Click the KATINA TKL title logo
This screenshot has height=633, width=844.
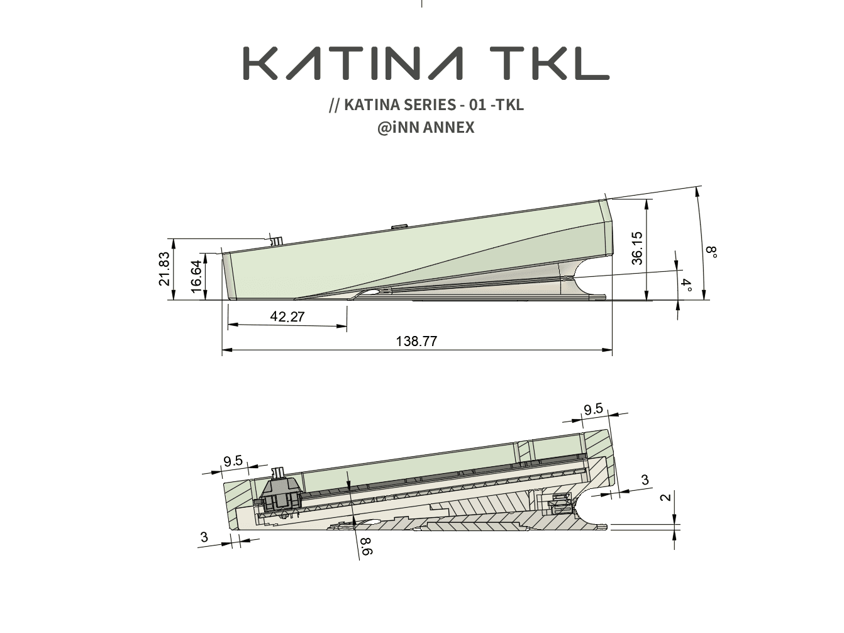(425, 63)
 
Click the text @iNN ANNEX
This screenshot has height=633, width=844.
(426, 128)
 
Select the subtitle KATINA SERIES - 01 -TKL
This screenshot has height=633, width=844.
(426, 104)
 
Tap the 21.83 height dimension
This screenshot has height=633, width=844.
(164, 269)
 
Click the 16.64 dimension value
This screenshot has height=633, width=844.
(196, 276)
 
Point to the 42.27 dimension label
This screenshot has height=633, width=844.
(287, 316)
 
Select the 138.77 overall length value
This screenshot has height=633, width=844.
(416, 342)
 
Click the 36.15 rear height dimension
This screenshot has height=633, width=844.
(637, 248)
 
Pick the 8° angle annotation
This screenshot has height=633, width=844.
(711, 251)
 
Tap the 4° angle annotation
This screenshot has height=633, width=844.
(686, 285)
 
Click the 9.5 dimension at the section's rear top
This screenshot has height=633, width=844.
(593, 409)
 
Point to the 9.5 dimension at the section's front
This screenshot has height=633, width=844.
(233, 461)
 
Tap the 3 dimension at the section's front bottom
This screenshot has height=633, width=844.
(204, 537)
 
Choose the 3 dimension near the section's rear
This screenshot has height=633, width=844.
(645, 480)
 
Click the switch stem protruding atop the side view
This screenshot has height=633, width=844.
(275, 242)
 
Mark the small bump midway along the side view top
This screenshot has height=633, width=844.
(399, 225)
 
